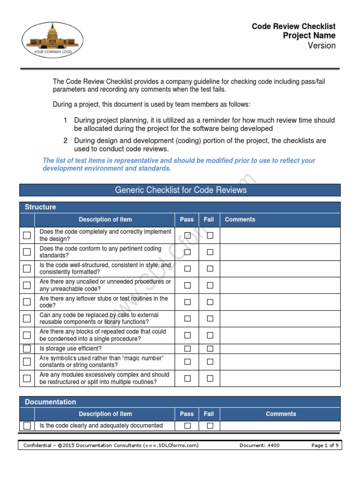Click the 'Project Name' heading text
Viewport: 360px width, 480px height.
[309, 36]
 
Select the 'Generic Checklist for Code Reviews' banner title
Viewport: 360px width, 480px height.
[180, 190]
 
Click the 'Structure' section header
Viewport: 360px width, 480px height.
[40, 207]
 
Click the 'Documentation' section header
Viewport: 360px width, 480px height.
[50, 402]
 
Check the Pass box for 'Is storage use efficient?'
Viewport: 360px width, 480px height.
[187, 349]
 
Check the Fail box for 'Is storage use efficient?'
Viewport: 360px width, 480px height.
[210, 349]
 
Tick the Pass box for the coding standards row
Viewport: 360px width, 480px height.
[187, 252]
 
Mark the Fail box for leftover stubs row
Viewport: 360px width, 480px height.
[210, 302]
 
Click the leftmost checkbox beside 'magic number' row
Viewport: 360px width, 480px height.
[27, 361]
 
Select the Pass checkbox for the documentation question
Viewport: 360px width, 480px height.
[187, 426]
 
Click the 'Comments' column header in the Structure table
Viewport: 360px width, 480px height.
[240, 219]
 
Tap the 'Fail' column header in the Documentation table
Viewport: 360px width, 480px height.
[209, 414]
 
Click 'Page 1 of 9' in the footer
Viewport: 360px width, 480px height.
[325, 445]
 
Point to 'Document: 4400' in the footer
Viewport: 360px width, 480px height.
[259, 445]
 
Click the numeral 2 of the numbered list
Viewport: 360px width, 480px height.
[66, 141]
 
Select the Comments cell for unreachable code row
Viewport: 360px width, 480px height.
[280, 285]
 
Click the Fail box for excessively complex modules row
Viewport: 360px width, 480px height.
[210, 378]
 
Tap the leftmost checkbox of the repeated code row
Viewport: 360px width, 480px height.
[27, 335]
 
